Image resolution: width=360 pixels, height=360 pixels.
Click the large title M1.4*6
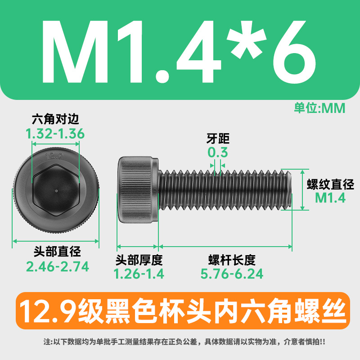[179, 52]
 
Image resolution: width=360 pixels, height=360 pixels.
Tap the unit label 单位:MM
[319, 108]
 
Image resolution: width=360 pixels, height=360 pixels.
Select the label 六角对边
[55, 119]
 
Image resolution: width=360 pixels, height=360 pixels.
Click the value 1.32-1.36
[55, 134]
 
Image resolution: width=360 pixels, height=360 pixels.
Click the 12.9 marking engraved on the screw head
[54, 157]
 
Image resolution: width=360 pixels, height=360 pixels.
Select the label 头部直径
[57, 252]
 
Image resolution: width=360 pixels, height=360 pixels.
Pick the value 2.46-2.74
[58, 266]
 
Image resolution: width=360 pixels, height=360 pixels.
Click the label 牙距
[218, 139]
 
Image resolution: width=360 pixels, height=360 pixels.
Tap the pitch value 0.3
[218, 152]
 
